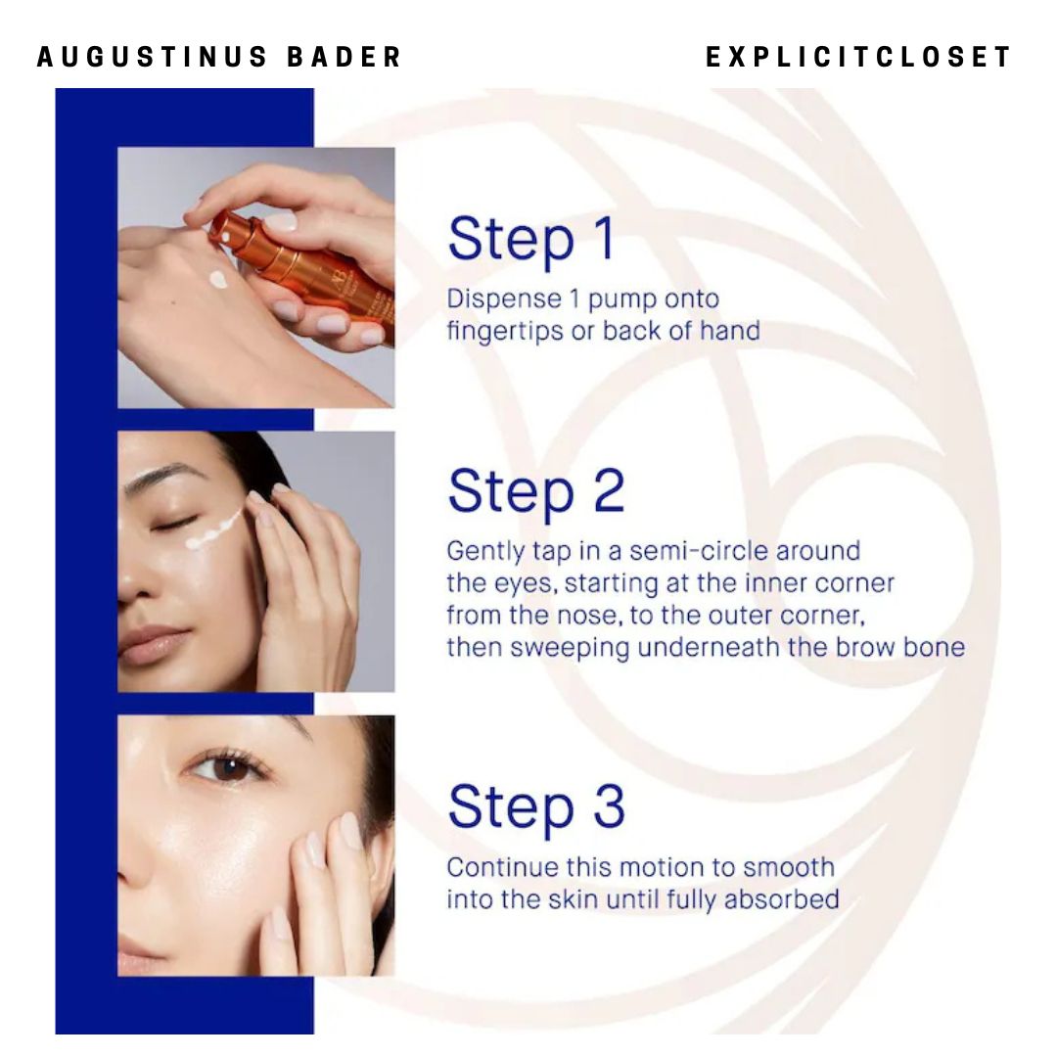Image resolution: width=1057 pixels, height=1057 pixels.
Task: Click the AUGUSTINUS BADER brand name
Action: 219,57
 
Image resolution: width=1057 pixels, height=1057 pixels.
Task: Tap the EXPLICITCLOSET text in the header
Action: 858,57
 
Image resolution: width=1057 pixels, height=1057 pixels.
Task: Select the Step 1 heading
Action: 531,240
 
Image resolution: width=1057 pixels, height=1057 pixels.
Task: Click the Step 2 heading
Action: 536,491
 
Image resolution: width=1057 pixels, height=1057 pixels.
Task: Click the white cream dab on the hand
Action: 217,279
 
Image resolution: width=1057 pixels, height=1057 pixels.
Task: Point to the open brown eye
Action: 226,768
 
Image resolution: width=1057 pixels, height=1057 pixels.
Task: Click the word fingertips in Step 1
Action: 504,332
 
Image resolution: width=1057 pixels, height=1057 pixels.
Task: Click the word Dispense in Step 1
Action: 504,299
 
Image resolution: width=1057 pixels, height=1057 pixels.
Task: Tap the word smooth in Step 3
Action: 789,867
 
